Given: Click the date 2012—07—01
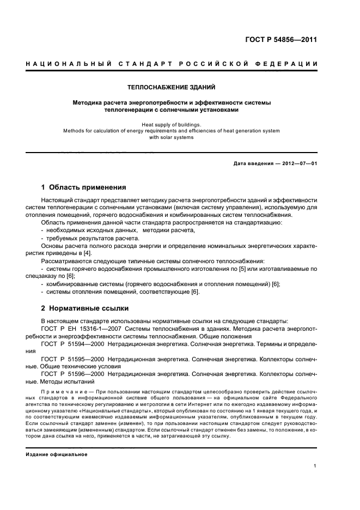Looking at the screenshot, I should [298, 163].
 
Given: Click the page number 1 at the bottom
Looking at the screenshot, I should [315, 465].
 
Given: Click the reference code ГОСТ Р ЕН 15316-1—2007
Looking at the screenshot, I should [81, 329].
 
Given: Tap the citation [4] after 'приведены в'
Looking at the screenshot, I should [88, 253].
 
